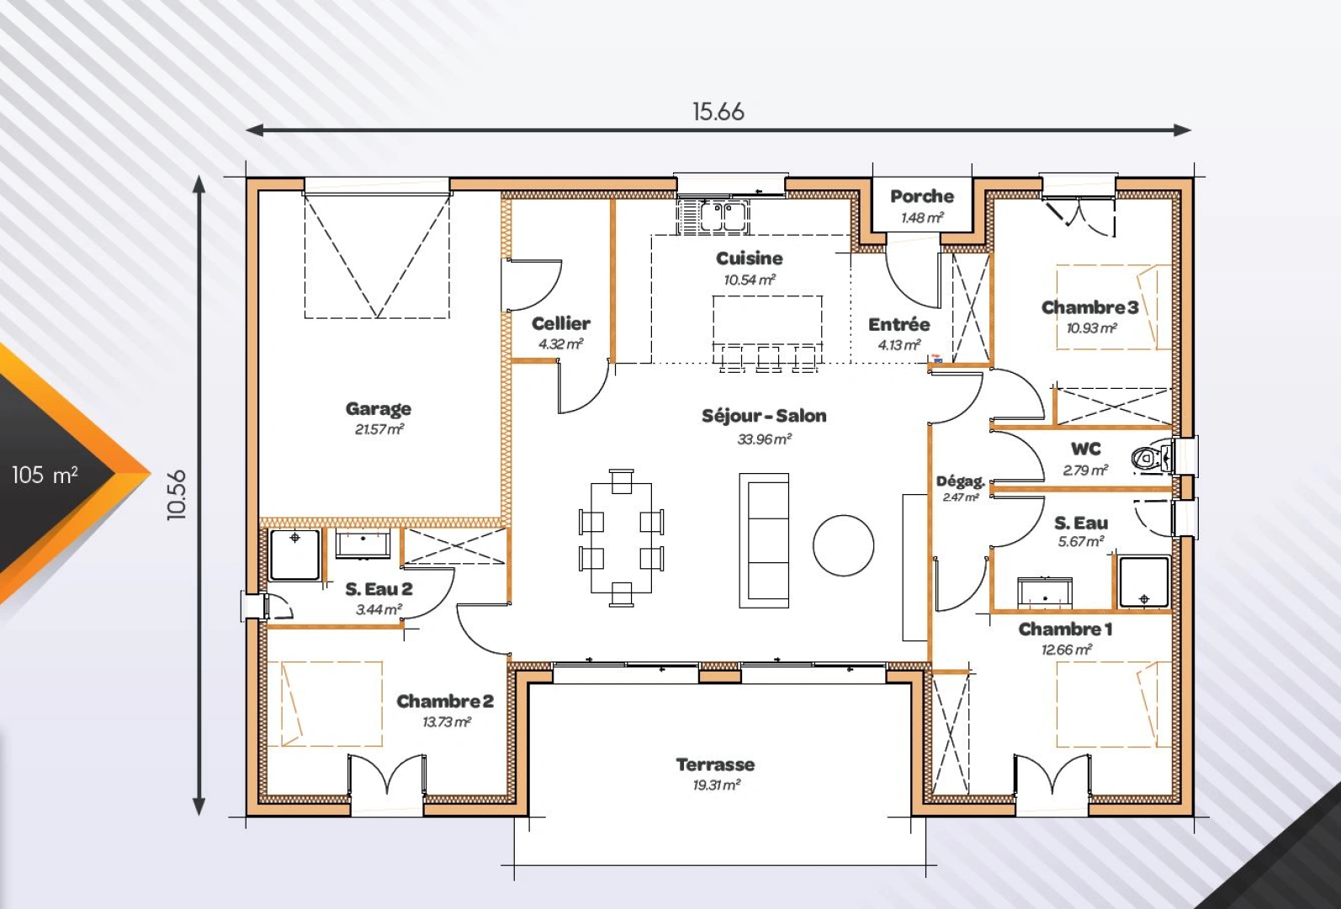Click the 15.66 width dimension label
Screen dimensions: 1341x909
[x=718, y=111]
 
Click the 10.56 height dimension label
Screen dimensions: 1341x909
[x=178, y=495]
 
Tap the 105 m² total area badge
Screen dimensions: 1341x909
[x=45, y=475]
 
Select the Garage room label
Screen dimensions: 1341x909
[x=379, y=408]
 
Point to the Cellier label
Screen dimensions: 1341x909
[x=561, y=323]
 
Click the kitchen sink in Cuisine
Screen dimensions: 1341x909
[x=713, y=216]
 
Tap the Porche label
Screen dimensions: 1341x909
[x=922, y=196]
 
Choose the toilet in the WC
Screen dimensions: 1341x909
[x=1152, y=459]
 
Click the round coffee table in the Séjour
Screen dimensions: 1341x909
[x=843, y=545]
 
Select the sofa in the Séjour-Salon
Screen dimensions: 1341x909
[x=764, y=540]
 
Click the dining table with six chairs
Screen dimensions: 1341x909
[x=622, y=538]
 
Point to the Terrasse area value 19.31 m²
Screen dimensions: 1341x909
[x=717, y=784]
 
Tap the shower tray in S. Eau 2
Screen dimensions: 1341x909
[x=294, y=554]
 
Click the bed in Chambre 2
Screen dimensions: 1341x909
[x=325, y=704]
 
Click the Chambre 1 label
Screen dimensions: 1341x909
[x=1065, y=629]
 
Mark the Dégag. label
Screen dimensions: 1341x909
[x=960, y=481]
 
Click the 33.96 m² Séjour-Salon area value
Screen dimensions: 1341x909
[x=765, y=439]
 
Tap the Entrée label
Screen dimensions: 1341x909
[x=899, y=325]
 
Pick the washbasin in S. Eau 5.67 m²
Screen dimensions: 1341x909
[x=1045, y=591]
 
